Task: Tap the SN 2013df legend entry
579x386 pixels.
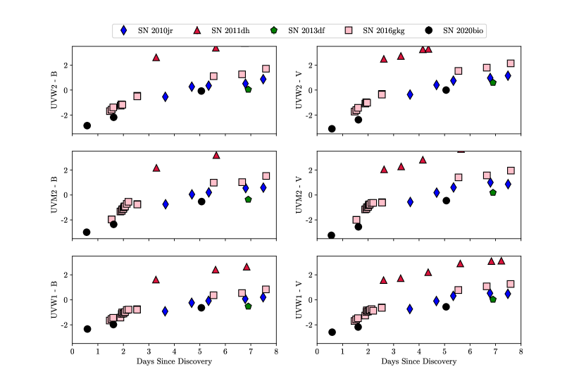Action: coord(308,30)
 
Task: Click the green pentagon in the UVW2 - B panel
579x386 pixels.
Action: coord(249,89)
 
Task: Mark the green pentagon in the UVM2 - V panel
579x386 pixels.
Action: coord(493,192)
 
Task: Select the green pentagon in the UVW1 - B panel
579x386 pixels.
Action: coord(249,306)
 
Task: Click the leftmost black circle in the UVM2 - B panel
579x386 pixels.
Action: coord(87,232)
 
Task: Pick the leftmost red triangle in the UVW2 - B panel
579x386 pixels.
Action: coord(156,58)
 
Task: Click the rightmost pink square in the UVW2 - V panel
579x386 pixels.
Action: coord(511,63)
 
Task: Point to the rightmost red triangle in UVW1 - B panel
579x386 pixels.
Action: coord(247,267)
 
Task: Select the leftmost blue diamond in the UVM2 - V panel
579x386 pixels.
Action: coord(410,202)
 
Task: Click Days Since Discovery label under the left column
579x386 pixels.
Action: coord(174,362)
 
